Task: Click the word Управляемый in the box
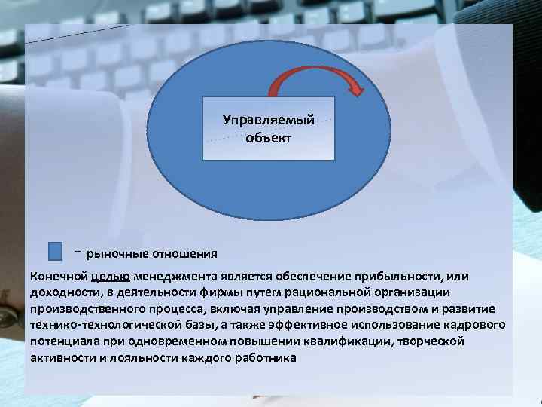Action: [268, 120]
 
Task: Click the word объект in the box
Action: [268, 138]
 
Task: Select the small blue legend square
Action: [55, 251]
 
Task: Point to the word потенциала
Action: [63, 341]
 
